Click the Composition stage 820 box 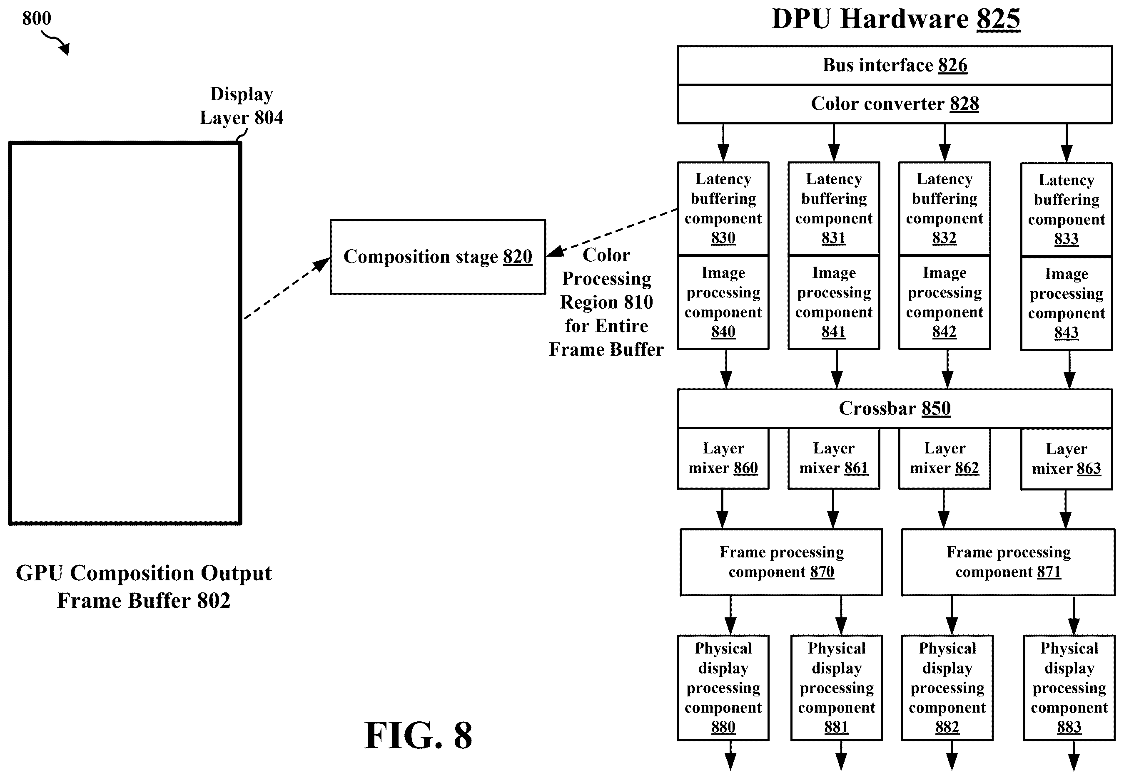click(438, 257)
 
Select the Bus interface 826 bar click(895, 65)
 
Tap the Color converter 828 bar click(895, 104)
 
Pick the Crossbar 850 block click(895, 409)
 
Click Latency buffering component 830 click(723, 209)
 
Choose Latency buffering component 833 click(1066, 210)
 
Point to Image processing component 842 click(944, 302)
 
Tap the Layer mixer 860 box click(723, 458)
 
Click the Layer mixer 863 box click(1066, 459)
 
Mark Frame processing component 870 click(781, 562)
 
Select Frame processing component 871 click(1008, 562)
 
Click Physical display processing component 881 click(836, 688)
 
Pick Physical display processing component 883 click(1069, 688)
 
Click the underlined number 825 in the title click(998, 20)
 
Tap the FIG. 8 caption click(419, 735)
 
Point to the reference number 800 click(37, 19)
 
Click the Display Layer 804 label click(241, 106)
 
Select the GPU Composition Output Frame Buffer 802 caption click(144, 587)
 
